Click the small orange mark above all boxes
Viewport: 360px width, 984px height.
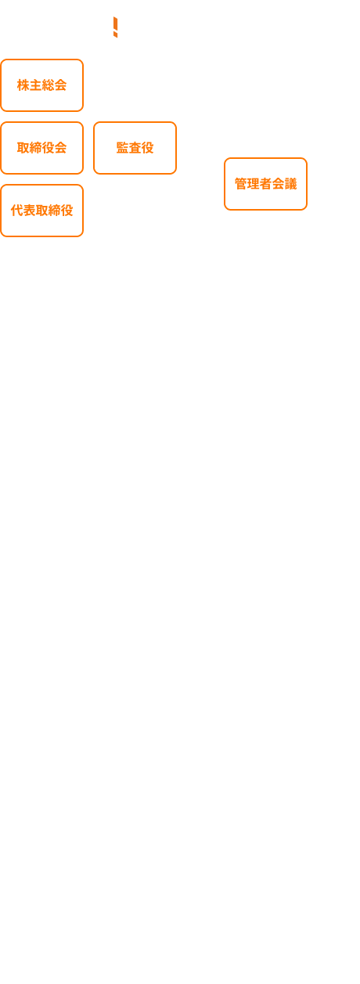pos(116,27)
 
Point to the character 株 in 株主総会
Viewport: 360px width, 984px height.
pos(23,85)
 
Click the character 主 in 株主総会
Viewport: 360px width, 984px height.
pos(35,85)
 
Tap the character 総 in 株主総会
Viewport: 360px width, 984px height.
pos(48,85)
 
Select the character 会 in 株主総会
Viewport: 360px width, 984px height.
pos(60,85)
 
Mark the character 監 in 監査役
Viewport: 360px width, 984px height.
pos(123,148)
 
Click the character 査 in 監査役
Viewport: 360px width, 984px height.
pos(135,148)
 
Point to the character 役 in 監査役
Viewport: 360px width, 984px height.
pos(147,148)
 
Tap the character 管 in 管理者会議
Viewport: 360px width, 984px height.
pos(240,184)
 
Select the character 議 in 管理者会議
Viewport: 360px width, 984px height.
pos(290,184)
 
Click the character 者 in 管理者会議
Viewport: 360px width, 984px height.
pos(265,184)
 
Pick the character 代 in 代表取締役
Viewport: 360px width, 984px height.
pos(16,211)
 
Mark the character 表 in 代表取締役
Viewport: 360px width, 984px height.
pos(30,211)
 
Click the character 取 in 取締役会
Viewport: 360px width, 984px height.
pos(23,148)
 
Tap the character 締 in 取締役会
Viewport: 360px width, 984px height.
pos(35,148)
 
